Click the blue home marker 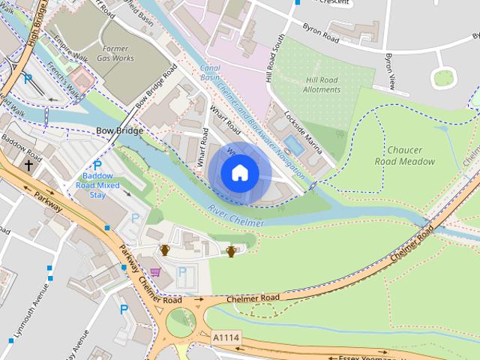(x=239, y=172)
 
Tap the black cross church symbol (x=28, y=164)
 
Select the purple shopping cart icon (x=155, y=271)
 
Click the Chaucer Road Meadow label (x=405, y=155)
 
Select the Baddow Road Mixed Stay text (x=97, y=184)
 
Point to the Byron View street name (x=389, y=68)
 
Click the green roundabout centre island (x=181, y=323)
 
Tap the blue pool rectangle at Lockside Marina (x=295, y=146)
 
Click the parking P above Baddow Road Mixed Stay (x=97, y=166)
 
